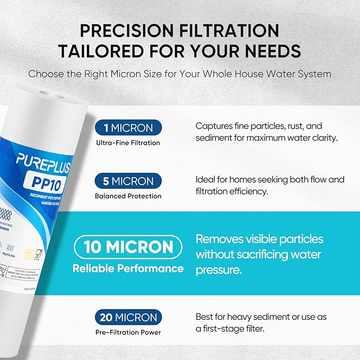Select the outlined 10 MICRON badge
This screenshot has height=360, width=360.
click(x=128, y=247)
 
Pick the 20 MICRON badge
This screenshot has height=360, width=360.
click(x=128, y=318)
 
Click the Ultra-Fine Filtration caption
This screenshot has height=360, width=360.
click(x=128, y=143)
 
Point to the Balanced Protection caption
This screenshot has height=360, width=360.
click(x=128, y=196)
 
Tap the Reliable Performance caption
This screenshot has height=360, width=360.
click(x=128, y=268)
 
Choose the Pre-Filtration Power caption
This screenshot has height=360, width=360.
click(x=128, y=332)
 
